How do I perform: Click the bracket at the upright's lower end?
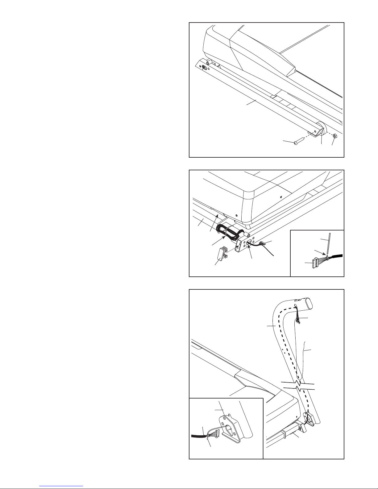[310, 418]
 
